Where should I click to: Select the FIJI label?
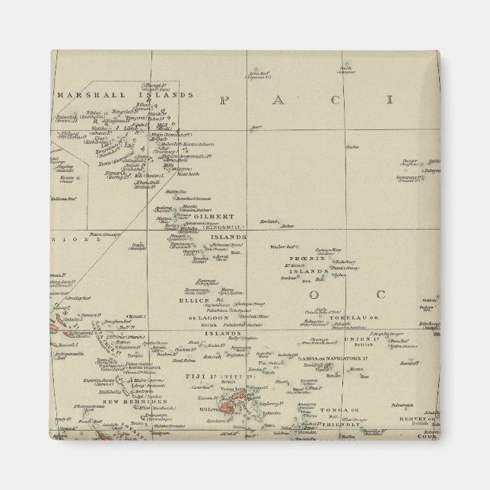[184, 375]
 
